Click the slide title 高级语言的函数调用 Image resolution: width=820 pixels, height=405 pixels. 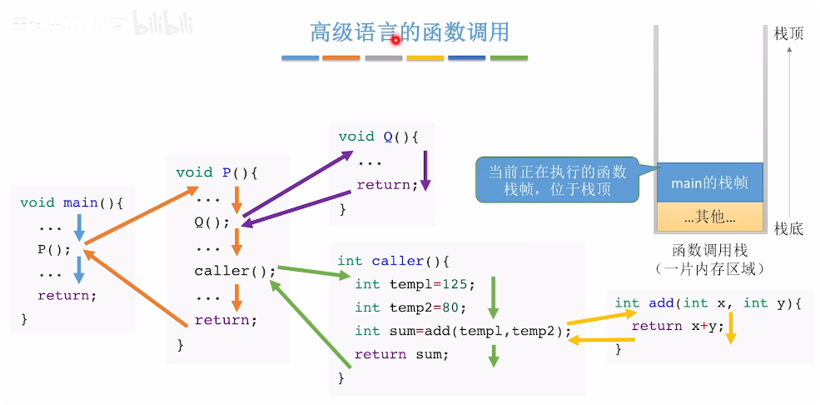click(x=409, y=32)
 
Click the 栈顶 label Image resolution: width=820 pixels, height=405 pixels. click(x=788, y=32)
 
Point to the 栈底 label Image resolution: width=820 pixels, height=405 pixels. click(x=788, y=228)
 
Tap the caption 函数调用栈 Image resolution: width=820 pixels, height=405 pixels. click(x=709, y=250)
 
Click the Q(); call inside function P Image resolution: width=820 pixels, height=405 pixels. click(x=211, y=222)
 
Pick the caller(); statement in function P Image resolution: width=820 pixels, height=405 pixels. click(x=235, y=270)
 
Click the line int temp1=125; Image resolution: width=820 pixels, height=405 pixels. click(x=415, y=284)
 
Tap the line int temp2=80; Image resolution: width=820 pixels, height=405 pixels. click(x=411, y=307)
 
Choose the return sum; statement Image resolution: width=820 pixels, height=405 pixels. click(x=401, y=354)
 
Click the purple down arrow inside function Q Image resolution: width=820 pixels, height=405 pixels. click(x=425, y=170)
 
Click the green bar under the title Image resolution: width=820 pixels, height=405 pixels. click(x=509, y=58)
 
